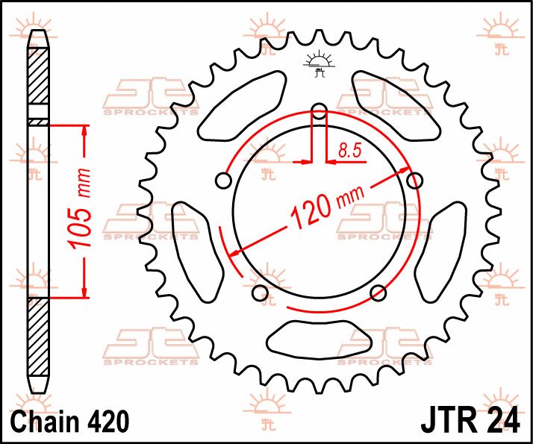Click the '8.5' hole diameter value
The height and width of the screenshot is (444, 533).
coord(349,151)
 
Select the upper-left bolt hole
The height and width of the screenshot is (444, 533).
coord(222,180)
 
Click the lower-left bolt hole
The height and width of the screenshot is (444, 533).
coord(260,293)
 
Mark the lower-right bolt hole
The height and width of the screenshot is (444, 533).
coord(378,293)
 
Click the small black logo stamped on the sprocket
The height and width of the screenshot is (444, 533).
coord(320,64)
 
